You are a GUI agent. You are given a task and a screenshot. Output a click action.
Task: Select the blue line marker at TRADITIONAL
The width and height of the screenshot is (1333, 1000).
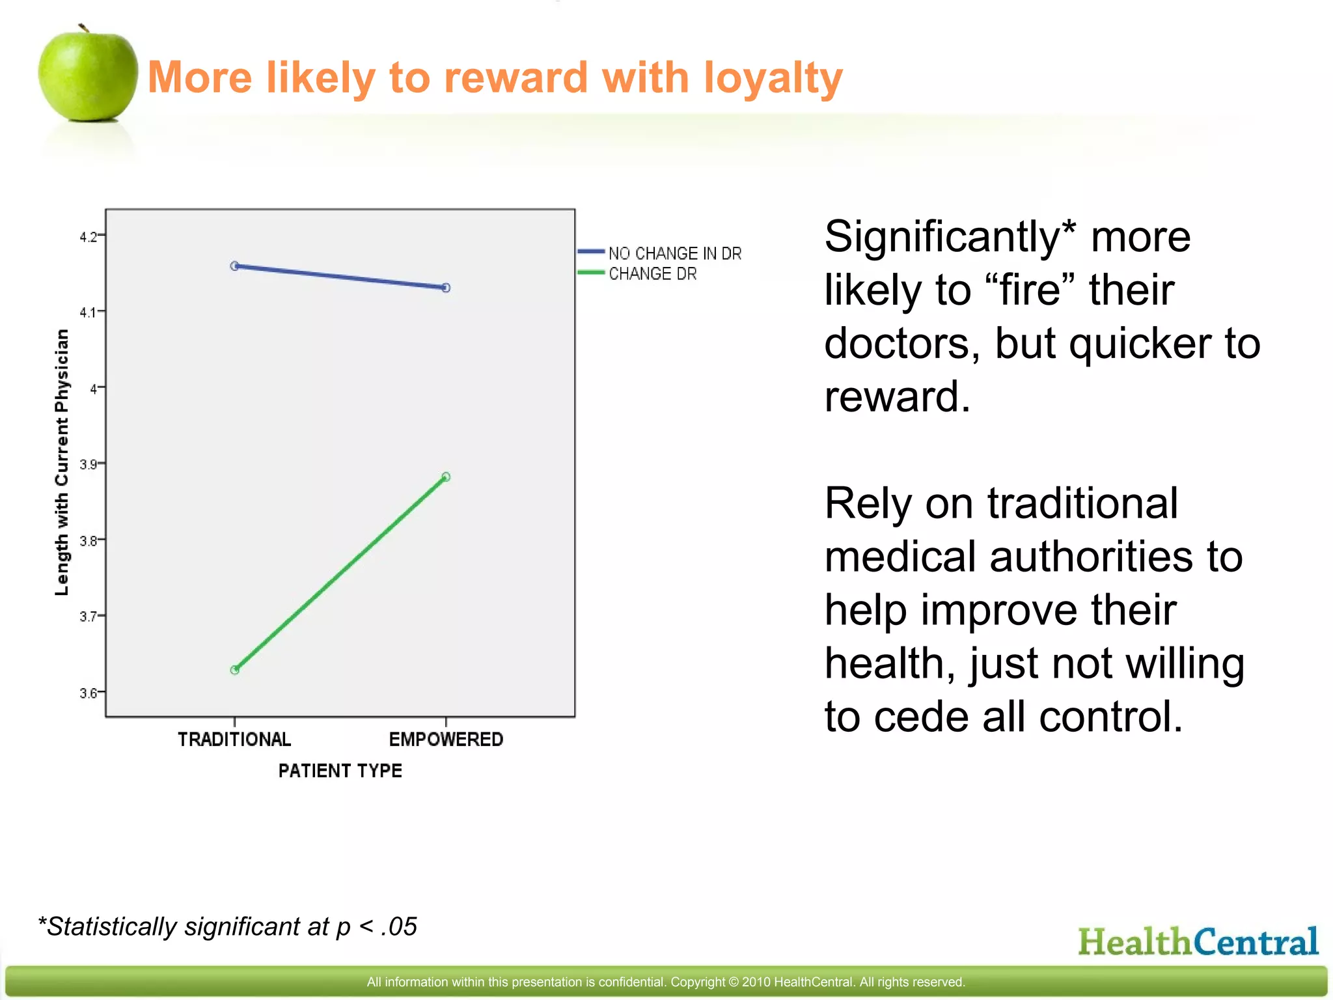pyautogui.click(x=235, y=266)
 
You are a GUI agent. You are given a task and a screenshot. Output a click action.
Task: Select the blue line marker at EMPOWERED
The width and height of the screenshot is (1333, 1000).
pyautogui.click(x=446, y=288)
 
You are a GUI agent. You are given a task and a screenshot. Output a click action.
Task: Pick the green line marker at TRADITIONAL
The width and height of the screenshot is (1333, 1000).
pyautogui.click(x=235, y=670)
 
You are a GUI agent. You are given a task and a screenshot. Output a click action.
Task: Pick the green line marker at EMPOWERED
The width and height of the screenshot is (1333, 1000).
pyautogui.click(x=446, y=477)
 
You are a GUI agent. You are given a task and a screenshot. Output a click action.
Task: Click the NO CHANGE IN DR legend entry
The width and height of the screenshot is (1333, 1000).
pyautogui.click(x=674, y=253)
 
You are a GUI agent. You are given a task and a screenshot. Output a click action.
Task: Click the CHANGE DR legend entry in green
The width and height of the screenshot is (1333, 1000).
pyautogui.click(x=652, y=274)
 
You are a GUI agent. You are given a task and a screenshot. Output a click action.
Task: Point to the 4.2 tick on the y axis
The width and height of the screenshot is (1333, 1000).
pyautogui.click(x=89, y=237)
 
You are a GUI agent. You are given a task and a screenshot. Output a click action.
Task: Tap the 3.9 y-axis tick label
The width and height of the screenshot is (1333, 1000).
pyautogui.click(x=89, y=465)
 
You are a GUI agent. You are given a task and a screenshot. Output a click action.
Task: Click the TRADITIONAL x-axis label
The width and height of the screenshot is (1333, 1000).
pyautogui.click(x=234, y=740)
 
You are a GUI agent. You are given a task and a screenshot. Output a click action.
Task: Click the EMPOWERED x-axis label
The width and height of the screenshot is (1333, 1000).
pyautogui.click(x=446, y=740)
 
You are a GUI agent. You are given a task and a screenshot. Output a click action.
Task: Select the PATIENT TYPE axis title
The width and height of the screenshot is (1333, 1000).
pyautogui.click(x=340, y=771)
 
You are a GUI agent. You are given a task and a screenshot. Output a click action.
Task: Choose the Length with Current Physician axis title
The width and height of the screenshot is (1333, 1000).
pyautogui.click(x=62, y=462)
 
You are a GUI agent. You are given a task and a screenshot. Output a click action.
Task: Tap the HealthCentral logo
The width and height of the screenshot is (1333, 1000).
pyautogui.click(x=1198, y=942)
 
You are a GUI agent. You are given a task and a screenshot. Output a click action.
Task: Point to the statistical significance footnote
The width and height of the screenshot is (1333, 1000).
pyautogui.click(x=228, y=926)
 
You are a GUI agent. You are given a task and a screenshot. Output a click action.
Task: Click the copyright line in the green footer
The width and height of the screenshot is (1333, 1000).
pyautogui.click(x=665, y=982)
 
